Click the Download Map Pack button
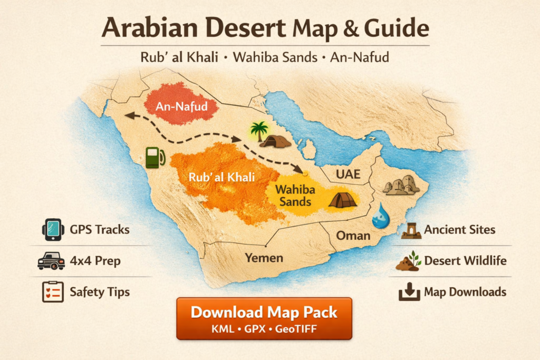click(264, 318)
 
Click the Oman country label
click(353, 235)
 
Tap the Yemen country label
click(264, 258)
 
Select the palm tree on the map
click(258, 131)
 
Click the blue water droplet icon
click(380, 217)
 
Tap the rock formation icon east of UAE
click(402, 184)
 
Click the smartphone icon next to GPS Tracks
click(52, 230)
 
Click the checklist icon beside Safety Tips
click(53, 291)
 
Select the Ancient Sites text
click(459, 230)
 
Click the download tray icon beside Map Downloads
click(409, 292)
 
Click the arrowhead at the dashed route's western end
click(129, 115)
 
